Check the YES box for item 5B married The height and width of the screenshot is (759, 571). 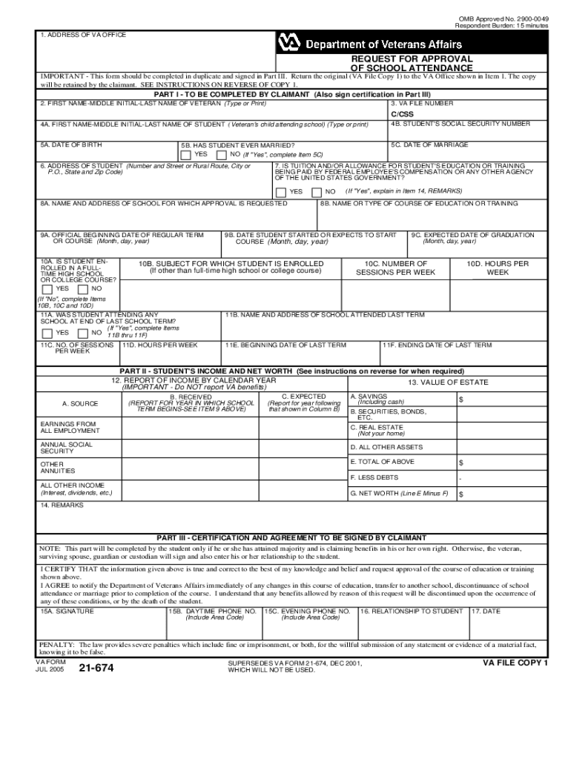[x=185, y=155]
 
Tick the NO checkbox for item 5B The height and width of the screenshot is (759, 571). [x=221, y=155]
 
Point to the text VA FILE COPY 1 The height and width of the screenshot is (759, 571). [x=515, y=663]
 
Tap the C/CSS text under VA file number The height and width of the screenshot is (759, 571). [x=402, y=115]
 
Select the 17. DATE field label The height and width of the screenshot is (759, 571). [x=486, y=611]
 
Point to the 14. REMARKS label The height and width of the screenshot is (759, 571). [x=62, y=505]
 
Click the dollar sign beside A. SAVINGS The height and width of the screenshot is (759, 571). [x=461, y=400]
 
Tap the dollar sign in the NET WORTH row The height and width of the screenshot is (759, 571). [x=461, y=494]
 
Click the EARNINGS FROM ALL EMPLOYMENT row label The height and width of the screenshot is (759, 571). [x=68, y=428]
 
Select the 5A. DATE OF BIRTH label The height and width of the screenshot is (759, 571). [x=71, y=145]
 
